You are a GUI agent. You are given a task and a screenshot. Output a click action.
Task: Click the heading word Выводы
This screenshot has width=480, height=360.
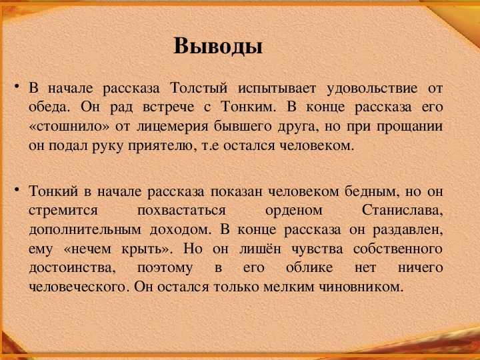point(217,47)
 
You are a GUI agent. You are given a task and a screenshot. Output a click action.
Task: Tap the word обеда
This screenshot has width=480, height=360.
point(47,107)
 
